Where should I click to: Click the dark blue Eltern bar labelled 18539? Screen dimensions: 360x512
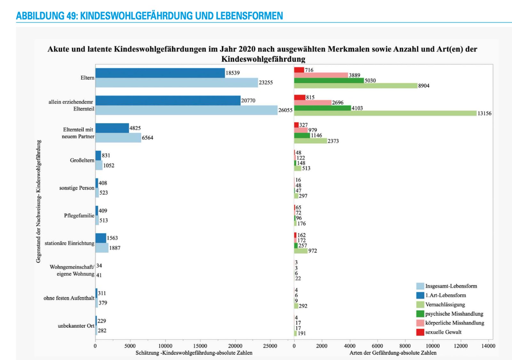coord(160,73)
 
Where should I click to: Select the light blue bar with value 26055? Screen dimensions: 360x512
coord(186,110)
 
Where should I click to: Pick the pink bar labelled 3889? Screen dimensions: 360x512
coord(321,75)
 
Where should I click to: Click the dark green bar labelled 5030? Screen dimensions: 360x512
coord(329,80)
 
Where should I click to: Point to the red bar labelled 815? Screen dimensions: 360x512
coord(300,97)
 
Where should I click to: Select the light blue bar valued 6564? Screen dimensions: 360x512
coord(118,138)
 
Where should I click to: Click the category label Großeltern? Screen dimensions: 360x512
coord(82,160)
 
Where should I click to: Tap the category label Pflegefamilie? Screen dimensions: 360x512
coord(79,216)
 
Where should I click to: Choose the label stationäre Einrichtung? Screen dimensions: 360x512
coord(69,243)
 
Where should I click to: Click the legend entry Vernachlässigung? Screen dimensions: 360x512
coord(445,305)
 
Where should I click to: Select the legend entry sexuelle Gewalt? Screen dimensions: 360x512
coord(443,332)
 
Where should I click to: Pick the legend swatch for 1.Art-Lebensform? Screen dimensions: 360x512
coord(420,295)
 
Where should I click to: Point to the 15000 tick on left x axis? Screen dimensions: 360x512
coord(200,346)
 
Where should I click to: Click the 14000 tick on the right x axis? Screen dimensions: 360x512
coord(488,346)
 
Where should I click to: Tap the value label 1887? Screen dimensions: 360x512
coord(115,248)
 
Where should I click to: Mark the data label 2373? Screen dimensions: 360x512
coord(333,141)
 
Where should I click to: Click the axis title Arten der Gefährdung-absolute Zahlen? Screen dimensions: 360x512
coord(393,353)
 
